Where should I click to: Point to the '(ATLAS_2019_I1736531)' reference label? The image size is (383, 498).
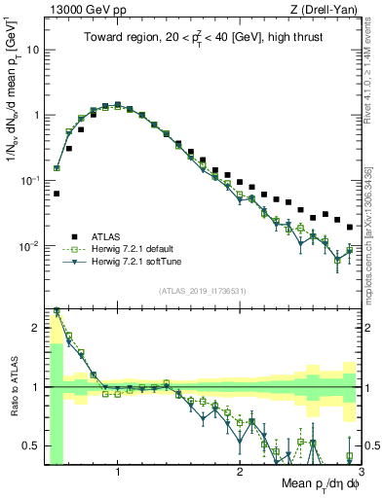(x=203, y=290)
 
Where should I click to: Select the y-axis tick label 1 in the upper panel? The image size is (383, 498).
(x=36, y=115)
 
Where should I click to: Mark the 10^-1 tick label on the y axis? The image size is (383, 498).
(x=29, y=180)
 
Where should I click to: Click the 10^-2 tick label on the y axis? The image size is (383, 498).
(x=29, y=246)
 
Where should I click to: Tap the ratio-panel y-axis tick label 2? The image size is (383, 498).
(x=36, y=328)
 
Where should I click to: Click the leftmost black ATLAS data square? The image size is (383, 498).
(x=57, y=194)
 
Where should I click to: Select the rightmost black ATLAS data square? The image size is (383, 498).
(x=350, y=227)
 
